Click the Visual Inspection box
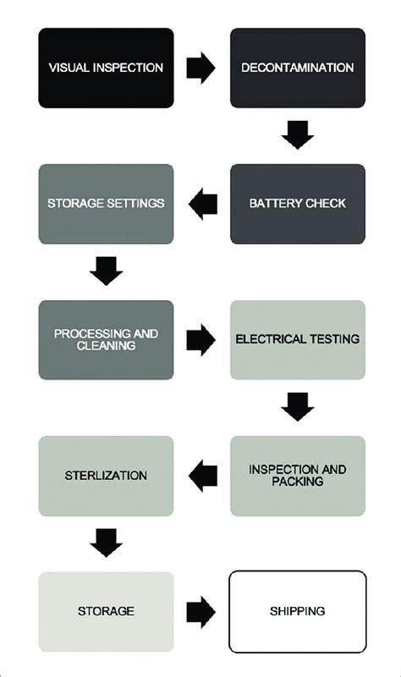(106, 68)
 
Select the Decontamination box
(298, 68)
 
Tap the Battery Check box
(298, 204)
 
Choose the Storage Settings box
(106, 204)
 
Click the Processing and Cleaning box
(106, 340)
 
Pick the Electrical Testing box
(298, 340)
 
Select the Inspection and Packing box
(298, 476)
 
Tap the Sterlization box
(106, 476)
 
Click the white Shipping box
(298, 611)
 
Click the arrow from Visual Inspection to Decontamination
(200, 68)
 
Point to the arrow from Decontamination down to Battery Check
(298, 135)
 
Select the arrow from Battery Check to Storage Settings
(203, 204)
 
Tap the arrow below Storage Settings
(106, 271)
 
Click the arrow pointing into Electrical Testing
(200, 340)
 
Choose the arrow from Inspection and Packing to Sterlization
(203, 476)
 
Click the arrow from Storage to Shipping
(200, 611)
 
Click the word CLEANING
(106, 347)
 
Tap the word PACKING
(298, 483)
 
